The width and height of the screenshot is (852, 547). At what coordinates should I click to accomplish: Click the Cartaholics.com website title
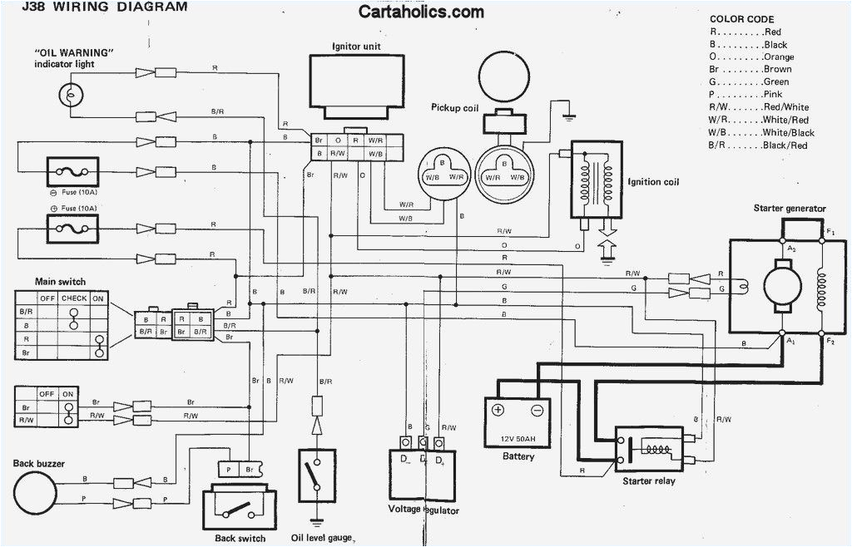click(421, 12)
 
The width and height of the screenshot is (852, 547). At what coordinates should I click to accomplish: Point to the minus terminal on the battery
click(536, 410)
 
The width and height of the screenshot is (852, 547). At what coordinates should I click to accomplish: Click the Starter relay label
click(648, 481)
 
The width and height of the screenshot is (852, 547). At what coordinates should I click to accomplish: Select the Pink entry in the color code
click(748, 95)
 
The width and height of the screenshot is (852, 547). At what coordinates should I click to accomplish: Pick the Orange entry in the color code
click(748, 57)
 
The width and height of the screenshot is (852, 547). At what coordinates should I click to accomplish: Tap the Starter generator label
click(790, 208)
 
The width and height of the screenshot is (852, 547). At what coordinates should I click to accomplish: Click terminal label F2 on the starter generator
click(830, 342)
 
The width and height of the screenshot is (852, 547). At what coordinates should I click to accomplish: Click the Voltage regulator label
click(424, 510)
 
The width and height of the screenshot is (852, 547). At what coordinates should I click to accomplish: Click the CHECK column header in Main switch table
click(74, 298)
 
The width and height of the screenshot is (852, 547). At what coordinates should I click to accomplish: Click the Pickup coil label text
click(453, 107)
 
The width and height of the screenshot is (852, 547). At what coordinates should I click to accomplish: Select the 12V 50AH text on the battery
click(518, 438)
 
